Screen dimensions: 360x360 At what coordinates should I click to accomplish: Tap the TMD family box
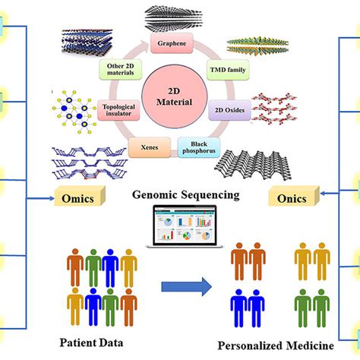223,69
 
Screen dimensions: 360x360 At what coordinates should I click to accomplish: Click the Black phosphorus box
199,147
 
